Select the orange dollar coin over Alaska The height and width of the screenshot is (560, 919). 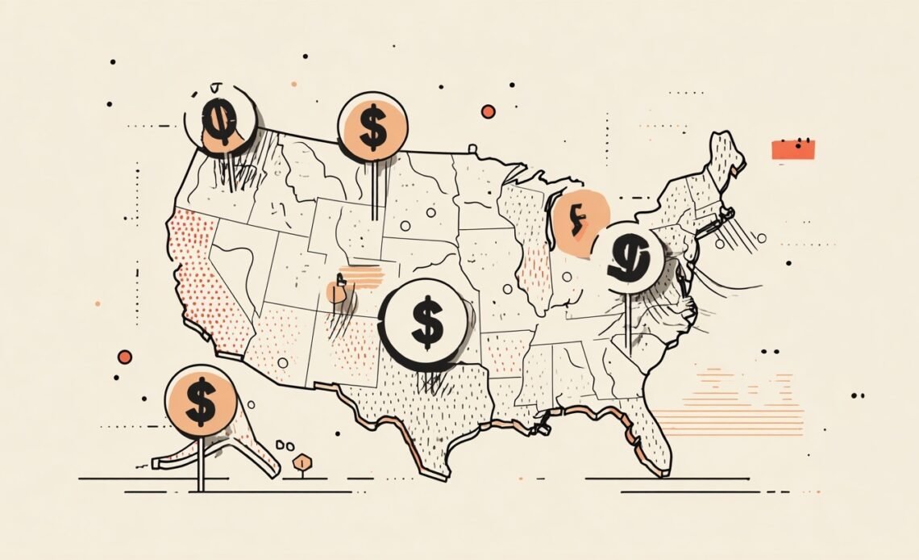click(201, 399)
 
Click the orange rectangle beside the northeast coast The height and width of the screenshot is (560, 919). click(793, 149)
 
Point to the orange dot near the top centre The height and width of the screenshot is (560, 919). click(488, 111)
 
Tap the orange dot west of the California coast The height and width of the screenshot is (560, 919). click(124, 357)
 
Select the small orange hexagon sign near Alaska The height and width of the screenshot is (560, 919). click(303, 462)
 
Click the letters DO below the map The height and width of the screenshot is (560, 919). click(285, 445)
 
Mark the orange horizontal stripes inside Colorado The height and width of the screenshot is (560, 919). click(362, 277)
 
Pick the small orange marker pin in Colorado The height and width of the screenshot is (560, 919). click(337, 291)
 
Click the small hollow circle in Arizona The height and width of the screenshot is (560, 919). click(282, 362)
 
